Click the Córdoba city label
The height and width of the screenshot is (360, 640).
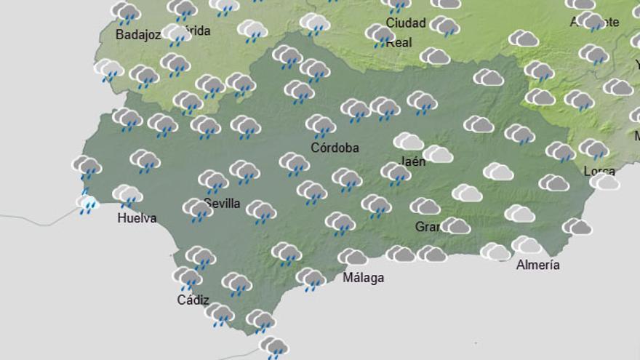pyautogui.click(x=335, y=148)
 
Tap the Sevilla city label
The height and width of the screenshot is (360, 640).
pyautogui.click(x=222, y=203)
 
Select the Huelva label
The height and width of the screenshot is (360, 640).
pyautogui.click(x=137, y=217)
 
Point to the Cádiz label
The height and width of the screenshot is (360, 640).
pyautogui.click(x=193, y=300)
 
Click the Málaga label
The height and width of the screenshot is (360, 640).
pyautogui.click(x=362, y=278)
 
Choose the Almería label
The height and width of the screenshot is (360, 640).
pyautogui.click(x=537, y=265)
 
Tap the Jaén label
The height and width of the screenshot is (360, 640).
pyautogui.click(x=412, y=161)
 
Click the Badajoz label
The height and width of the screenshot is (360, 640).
pyautogui.click(x=137, y=34)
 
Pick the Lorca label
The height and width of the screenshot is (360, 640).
pyautogui.click(x=599, y=172)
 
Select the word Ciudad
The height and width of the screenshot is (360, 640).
pyautogui.click(x=405, y=23)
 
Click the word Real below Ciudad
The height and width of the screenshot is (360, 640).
pyautogui.click(x=399, y=42)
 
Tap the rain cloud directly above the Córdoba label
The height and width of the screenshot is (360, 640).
pyautogui.click(x=321, y=125)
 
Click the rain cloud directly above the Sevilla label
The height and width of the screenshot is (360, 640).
pyautogui.click(x=213, y=180)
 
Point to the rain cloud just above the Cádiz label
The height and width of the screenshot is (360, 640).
pyautogui.click(x=187, y=277)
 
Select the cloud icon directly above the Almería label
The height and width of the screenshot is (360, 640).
pyautogui.click(x=526, y=245)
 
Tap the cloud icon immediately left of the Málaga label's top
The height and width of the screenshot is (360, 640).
pyautogui.click(x=353, y=257)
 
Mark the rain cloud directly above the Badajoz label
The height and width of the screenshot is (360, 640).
pyautogui.click(x=126, y=12)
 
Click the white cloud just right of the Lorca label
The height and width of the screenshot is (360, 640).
pyautogui.click(x=605, y=181)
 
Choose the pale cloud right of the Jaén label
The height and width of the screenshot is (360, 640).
pyautogui.click(x=438, y=154)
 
